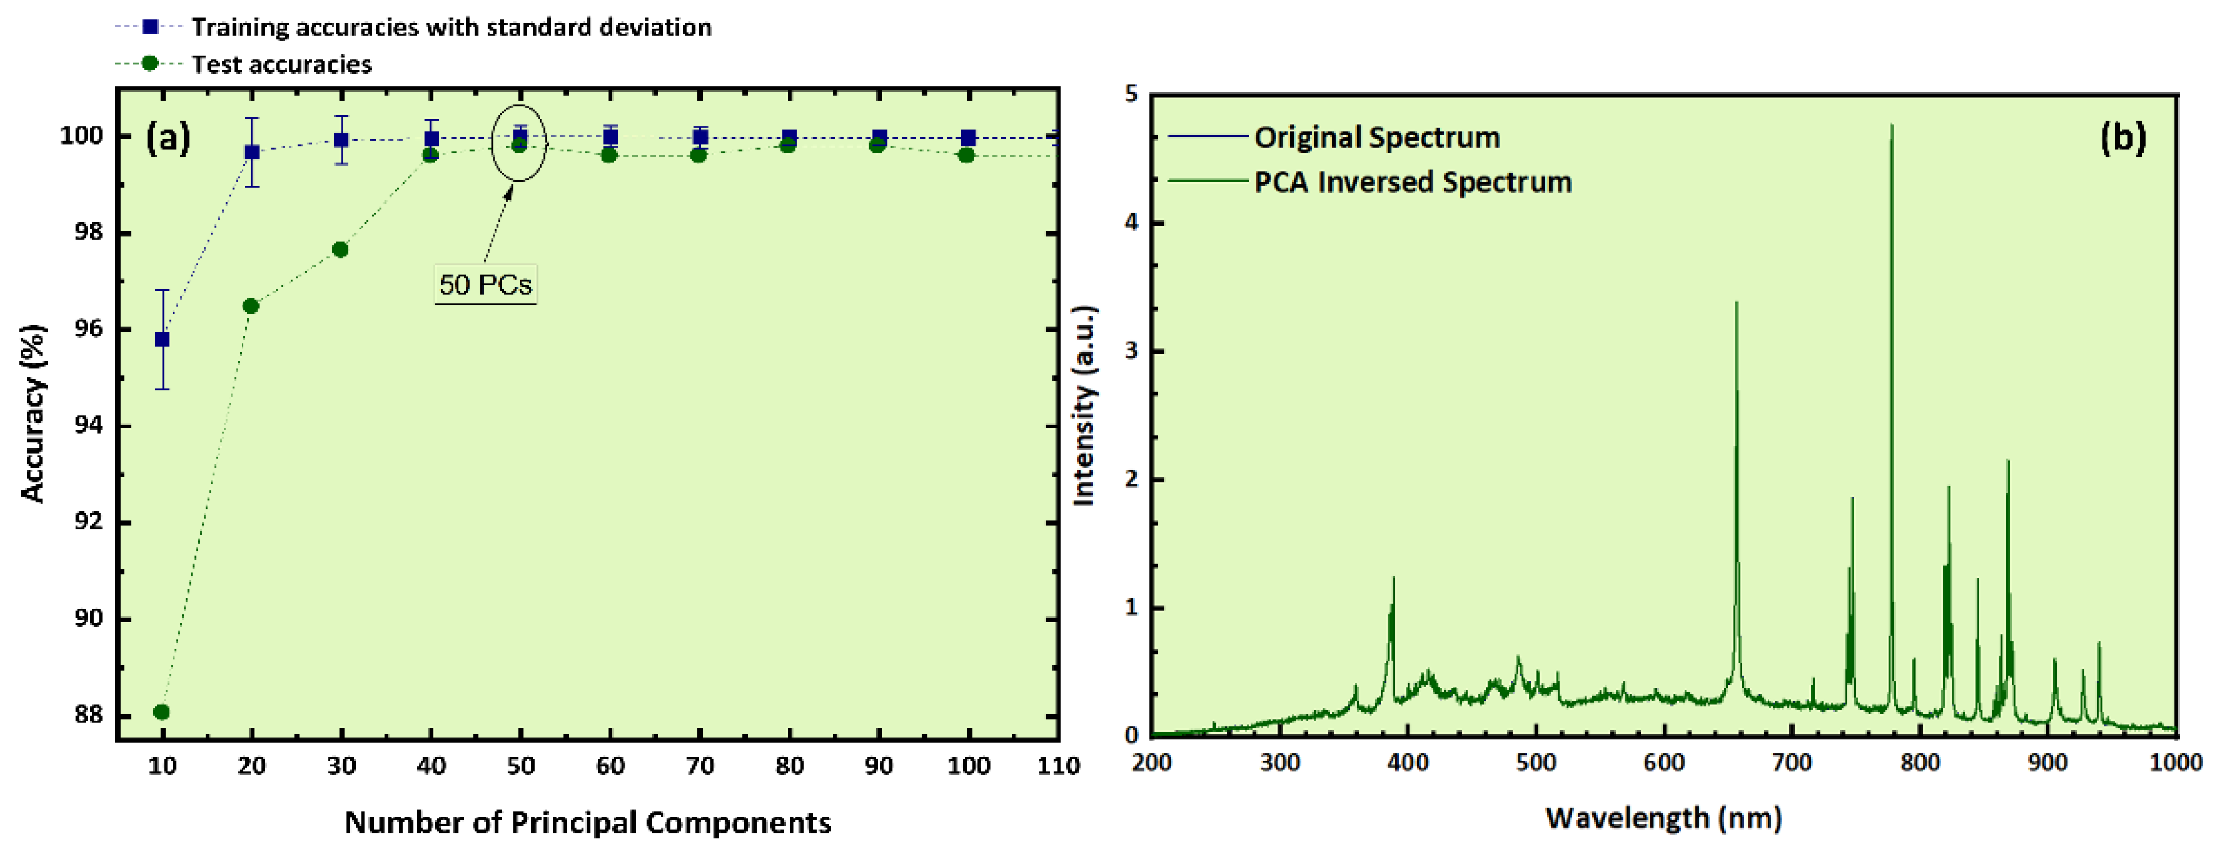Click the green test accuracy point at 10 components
161,712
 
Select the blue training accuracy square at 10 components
162,340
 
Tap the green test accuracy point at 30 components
340,250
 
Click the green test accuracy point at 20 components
251,306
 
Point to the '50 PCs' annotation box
485,285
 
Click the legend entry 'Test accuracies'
281,64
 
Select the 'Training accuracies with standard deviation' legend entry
451,27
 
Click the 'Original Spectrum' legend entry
1376,137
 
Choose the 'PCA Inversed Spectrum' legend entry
1413,182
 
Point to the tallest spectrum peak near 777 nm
1892,127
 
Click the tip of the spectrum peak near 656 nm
1736,303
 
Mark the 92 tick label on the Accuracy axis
87,522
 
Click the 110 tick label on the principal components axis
1058,765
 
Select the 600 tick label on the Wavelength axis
1663,762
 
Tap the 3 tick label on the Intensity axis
1131,351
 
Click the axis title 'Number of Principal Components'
588,822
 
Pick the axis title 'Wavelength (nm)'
1663,817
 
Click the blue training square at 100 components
969,138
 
